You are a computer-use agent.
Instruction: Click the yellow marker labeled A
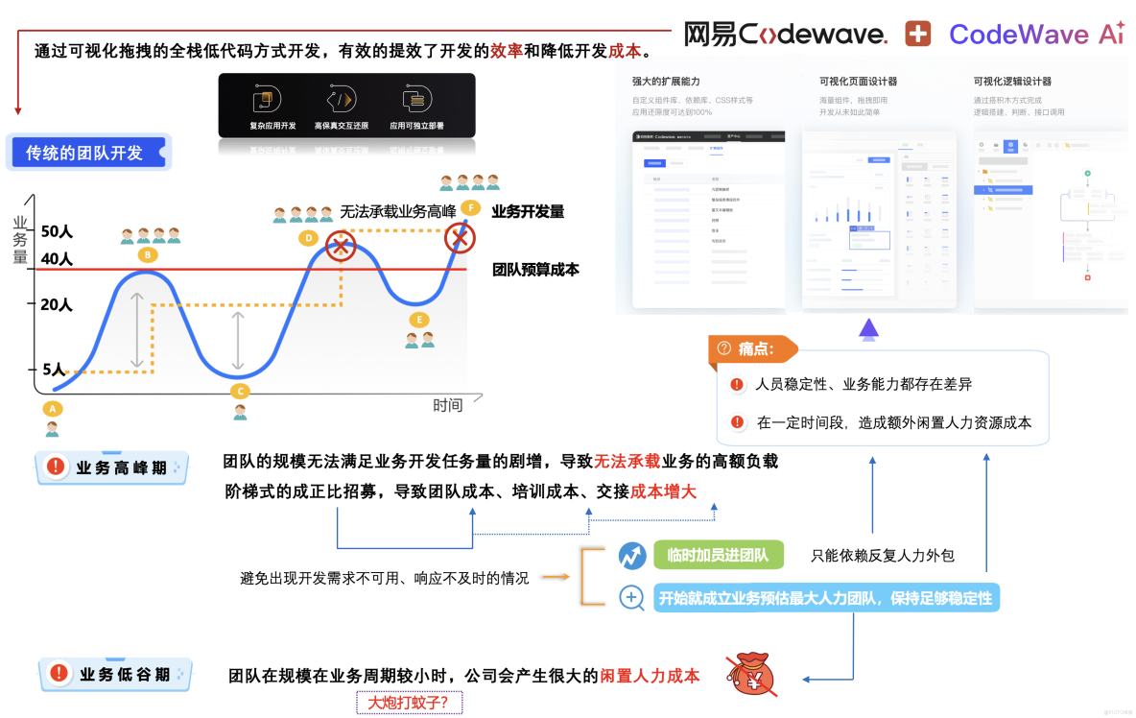[x=53, y=408]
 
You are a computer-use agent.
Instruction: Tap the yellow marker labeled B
[x=147, y=255]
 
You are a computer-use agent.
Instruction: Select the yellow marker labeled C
[x=240, y=391]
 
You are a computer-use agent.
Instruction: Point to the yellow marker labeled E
[x=418, y=320]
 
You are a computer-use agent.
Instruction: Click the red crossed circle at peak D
[x=341, y=246]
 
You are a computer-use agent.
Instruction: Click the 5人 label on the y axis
[x=54, y=370]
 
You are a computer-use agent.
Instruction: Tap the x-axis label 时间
[x=447, y=405]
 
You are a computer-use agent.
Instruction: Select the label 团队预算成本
[x=535, y=270]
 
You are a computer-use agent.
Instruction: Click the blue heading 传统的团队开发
[x=86, y=153]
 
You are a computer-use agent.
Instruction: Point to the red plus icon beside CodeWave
[x=918, y=35]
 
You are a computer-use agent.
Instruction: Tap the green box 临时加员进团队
[x=718, y=555]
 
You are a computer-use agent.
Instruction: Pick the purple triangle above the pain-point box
[x=869, y=329]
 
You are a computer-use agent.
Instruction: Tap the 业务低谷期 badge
[x=115, y=675]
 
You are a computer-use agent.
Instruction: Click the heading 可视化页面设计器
[x=859, y=82]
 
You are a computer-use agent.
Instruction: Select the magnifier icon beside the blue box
[x=631, y=598]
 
